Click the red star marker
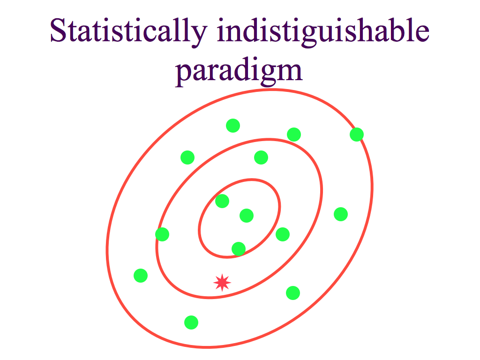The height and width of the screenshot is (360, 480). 222,283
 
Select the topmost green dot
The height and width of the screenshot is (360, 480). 233,126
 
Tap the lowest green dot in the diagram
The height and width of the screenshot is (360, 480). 191,322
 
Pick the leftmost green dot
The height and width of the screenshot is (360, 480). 141,276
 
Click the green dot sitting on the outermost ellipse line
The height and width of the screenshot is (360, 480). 357,135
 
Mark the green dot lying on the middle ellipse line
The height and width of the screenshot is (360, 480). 162,234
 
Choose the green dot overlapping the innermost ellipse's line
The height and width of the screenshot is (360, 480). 239,248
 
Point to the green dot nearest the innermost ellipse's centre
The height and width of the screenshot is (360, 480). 247,216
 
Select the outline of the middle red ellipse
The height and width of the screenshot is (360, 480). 322,187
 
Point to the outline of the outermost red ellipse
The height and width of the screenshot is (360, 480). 373,187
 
